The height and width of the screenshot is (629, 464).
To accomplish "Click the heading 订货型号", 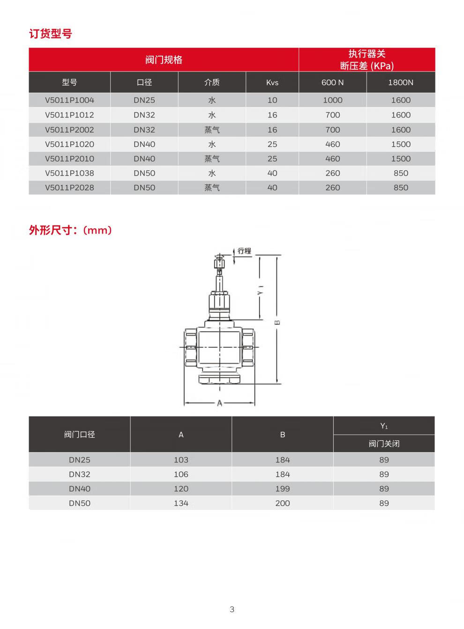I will point(51,34).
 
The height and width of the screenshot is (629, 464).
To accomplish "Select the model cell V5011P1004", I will point(69,100).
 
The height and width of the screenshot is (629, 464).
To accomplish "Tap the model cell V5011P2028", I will point(69,188).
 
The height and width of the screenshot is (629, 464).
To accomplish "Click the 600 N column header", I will point(332,82).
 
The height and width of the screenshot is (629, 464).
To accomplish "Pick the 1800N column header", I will point(401,82).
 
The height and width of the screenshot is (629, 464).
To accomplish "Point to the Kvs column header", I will point(272,82).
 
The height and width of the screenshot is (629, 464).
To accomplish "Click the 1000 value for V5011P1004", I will point(332,100).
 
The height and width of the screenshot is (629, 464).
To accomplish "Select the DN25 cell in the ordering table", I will point(144,100).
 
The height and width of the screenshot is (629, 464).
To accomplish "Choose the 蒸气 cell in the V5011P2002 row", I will point(212,130).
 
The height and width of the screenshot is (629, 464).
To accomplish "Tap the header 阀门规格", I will point(164,60).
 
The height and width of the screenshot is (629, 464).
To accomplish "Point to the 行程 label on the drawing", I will point(244,251).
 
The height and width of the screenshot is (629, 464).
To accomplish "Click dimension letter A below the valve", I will point(219,403).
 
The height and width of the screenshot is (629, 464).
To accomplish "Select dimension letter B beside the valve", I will point(277,322).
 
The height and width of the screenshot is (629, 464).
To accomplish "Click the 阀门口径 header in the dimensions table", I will point(80,434).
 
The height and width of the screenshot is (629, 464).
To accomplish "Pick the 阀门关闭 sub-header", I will point(384,444).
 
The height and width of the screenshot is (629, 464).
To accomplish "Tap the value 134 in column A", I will point(181,503).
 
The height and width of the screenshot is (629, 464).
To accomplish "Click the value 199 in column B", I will point(283,489).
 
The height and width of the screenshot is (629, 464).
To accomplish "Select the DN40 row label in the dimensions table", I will point(80,489).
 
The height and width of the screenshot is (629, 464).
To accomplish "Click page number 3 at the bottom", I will point(232,609).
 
